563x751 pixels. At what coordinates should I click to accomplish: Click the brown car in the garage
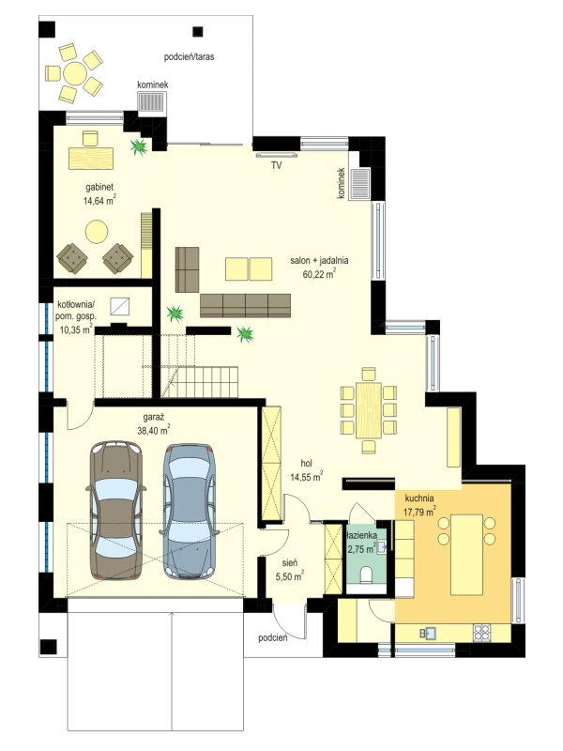pyautogui.click(x=116, y=511)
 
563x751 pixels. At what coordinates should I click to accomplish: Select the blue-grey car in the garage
pyautogui.click(x=190, y=511)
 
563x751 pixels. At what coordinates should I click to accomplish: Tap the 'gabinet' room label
pyautogui.click(x=99, y=187)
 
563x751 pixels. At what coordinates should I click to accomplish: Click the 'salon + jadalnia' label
pyautogui.click(x=319, y=261)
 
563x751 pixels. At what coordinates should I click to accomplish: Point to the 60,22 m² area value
pyautogui.click(x=319, y=273)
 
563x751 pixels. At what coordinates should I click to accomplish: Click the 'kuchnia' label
pyautogui.click(x=419, y=498)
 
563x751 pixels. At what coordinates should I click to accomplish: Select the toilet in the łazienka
pyautogui.click(x=367, y=574)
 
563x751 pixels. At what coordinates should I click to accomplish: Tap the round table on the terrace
pyautogui.click(x=75, y=74)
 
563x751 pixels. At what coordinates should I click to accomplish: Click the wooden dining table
pyautogui.click(x=369, y=410)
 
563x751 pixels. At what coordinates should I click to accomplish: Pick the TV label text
pyautogui.click(x=276, y=166)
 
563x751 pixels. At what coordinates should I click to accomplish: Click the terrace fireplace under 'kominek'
pyautogui.click(x=151, y=101)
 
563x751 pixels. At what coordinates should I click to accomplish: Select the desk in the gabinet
pyautogui.click(x=91, y=158)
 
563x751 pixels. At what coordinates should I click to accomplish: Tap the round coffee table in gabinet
pyautogui.click(x=97, y=232)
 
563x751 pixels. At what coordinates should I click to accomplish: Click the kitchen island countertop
pyautogui.click(x=466, y=555)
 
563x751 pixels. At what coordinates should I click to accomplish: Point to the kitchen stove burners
pyautogui.click(x=481, y=633)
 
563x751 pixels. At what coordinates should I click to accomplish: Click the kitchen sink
pyautogui.click(x=428, y=633)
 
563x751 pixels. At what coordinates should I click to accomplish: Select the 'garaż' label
pyautogui.click(x=153, y=417)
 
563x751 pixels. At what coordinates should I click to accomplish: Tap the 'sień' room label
pyautogui.click(x=290, y=562)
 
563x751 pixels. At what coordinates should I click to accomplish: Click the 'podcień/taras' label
pyautogui.click(x=190, y=57)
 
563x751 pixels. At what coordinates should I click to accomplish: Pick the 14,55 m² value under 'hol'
pyautogui.click(x=307, y=477)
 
